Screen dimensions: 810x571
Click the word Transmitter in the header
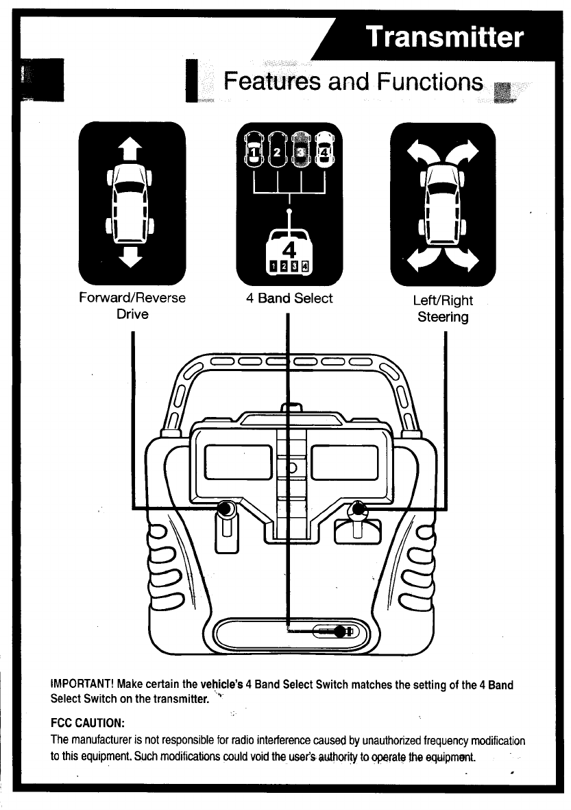444,37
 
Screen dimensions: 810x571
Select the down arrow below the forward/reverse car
132,259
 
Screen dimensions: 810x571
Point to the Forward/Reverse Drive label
132,306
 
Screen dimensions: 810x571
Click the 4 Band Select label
289,298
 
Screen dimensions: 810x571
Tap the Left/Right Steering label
443,309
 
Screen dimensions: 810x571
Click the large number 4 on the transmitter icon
289,246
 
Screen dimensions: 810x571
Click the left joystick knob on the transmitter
225,510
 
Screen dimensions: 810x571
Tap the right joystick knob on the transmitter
356,510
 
